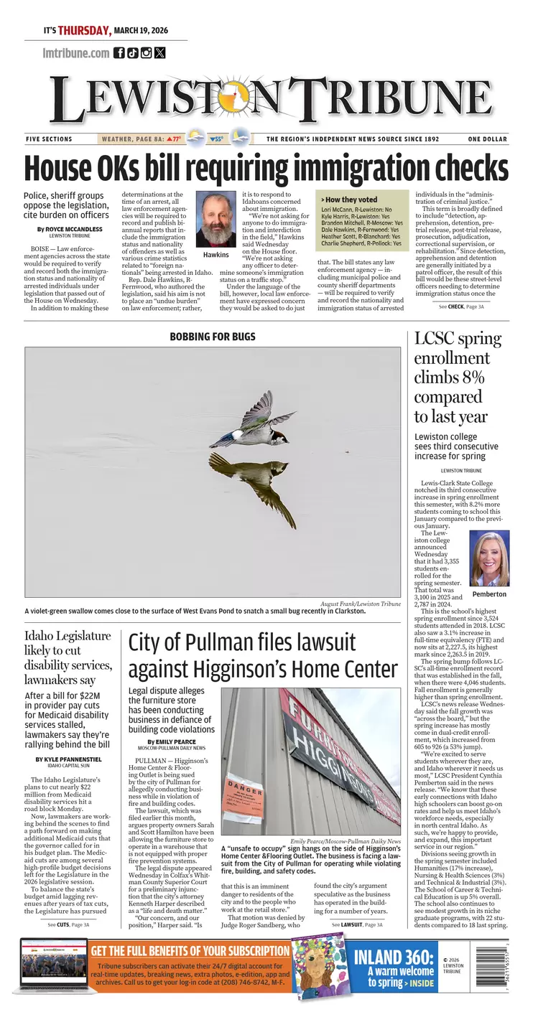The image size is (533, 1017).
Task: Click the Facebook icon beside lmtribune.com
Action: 119,52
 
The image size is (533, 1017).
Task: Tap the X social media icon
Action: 159,52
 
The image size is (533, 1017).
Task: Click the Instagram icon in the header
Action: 147,52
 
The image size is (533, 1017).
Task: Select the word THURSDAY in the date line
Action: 84,31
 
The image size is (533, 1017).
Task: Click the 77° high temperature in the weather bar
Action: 175,139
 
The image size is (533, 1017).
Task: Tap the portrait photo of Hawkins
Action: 216,220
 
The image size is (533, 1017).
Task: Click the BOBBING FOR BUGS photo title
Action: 213,337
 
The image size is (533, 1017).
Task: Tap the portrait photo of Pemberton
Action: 489,559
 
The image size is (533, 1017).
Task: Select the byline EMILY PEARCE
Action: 171,741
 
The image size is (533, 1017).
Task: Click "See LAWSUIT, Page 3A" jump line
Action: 357,925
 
